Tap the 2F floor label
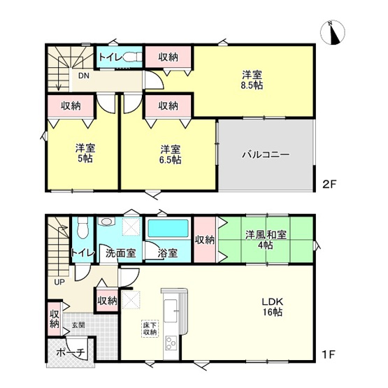pos(330,186)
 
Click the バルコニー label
pos(266,155)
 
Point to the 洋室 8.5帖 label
pos(252,79)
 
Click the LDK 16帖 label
pos(272,307)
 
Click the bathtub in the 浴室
pos(168,229)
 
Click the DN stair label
pos(82,76)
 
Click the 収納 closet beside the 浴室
pos(205,240)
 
